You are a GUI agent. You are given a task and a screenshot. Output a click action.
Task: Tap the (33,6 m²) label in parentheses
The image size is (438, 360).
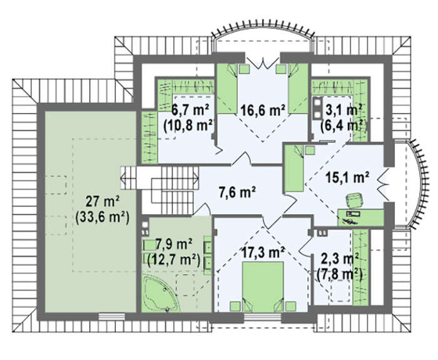tap(102, 217)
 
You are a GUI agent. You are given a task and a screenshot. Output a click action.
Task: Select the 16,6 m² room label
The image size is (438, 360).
tap(263, 110)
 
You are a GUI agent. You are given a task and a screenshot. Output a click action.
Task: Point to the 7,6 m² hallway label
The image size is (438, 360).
tap(237, 193)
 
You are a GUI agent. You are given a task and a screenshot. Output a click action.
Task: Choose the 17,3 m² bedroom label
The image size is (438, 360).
tap(263, 252)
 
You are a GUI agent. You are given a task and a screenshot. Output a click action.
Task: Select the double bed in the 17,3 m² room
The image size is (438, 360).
tap(263, 287)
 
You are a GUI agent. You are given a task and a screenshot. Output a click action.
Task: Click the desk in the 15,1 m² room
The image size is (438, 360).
tap(360, 217)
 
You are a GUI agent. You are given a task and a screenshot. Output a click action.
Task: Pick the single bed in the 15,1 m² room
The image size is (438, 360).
tap(294, 168)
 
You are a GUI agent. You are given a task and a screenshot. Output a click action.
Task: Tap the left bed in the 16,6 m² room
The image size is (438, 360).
tap(227, 89)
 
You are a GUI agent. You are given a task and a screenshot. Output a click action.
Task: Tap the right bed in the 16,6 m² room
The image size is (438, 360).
tap(298, 89)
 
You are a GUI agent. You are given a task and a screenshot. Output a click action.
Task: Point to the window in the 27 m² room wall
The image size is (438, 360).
tap(112, 316)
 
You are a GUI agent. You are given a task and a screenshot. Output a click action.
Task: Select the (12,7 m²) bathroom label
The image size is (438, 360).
tap(175, 260)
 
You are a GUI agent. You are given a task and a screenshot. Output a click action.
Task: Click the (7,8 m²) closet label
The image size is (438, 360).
tap(340, 274)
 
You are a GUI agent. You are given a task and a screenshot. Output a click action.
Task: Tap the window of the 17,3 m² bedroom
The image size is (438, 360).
tap(263, 316)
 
